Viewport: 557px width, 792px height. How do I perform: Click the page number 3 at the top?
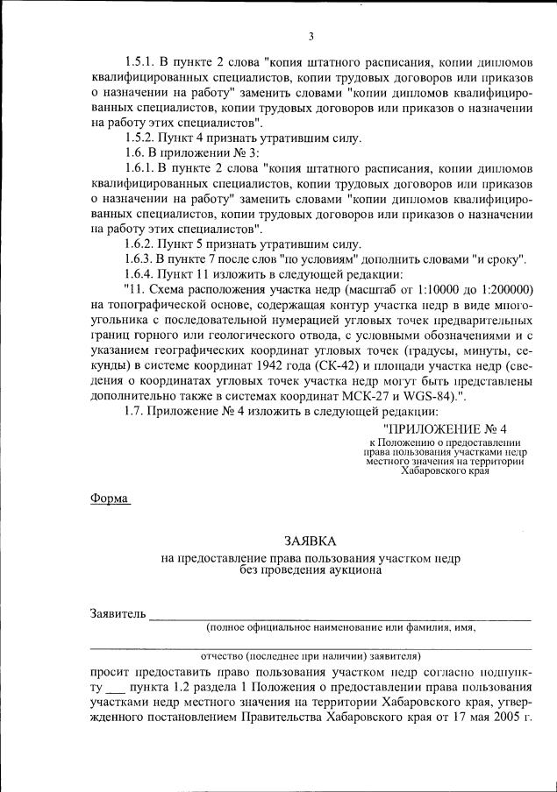pyautogui.click(x=311, y=36)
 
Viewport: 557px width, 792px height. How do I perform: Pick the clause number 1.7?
pyautogui.click(x=135, y=410)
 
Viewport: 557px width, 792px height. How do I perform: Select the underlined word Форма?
pyautogui.click(x=108, y=499)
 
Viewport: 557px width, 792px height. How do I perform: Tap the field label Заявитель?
pyautogui.click(x=116, y=612)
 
